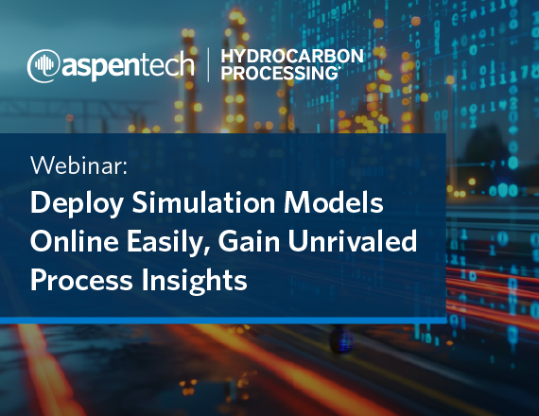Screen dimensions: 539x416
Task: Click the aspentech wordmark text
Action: point(128,64)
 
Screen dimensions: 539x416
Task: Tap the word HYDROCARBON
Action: point(292,56)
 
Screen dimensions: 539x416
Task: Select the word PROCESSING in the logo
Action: point(280,73)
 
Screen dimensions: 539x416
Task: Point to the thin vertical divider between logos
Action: point(208,64)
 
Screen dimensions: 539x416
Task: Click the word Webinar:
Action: point(79,165)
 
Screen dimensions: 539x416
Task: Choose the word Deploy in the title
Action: point(77,204)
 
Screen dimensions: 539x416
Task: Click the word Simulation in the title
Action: point(203,202)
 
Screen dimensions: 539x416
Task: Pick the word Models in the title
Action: point(334,202)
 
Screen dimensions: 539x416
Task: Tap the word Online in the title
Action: point(75,241)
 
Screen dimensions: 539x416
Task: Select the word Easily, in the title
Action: point(168,242)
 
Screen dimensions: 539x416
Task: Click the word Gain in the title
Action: point(249,241)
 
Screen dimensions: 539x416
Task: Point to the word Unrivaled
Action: point(353,241)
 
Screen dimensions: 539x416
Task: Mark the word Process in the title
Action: point(81,279)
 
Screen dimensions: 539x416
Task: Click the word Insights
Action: point(194,281)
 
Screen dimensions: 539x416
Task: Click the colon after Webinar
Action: point(125,167)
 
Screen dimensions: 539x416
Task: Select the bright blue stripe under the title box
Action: point(223,321)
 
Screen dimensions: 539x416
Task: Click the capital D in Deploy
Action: point(41,202)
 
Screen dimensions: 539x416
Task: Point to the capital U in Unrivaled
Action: point(299,241)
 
